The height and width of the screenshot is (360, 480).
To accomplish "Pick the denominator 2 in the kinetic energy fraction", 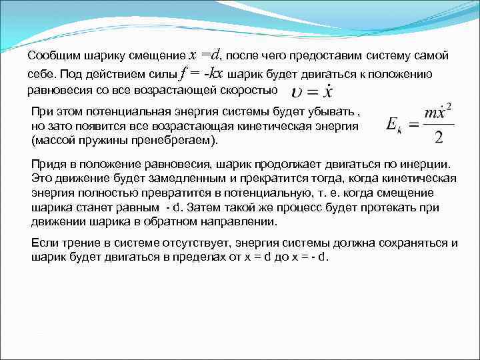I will click(438, 137).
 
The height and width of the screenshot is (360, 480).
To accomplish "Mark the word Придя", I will click(46, 163).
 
